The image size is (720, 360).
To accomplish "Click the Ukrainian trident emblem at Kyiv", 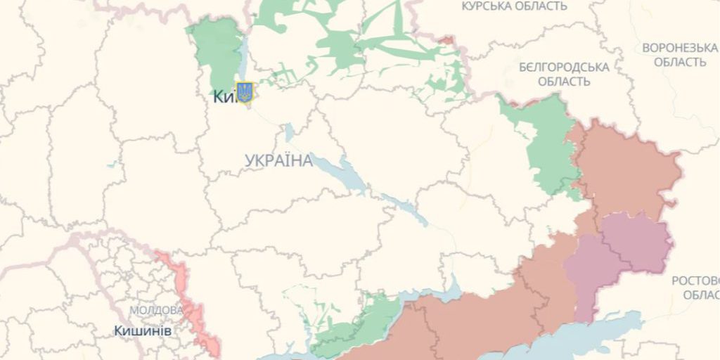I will pos(245,92).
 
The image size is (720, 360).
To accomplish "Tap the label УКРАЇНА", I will pos(279,161).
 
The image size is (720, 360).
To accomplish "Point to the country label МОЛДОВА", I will pos(156,310).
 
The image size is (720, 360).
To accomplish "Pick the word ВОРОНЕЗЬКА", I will pos(679,48).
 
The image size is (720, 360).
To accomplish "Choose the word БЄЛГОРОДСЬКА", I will pos(564,67).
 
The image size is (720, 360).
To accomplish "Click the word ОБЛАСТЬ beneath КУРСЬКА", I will pos(542,6).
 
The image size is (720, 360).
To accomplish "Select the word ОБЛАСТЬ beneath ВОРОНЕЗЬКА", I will pos(680,62).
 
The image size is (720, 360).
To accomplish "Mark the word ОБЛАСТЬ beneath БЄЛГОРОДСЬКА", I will pos(564,81).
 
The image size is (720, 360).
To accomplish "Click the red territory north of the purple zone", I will pos(626,169).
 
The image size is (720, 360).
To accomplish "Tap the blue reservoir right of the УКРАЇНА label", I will pos(345,172).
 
